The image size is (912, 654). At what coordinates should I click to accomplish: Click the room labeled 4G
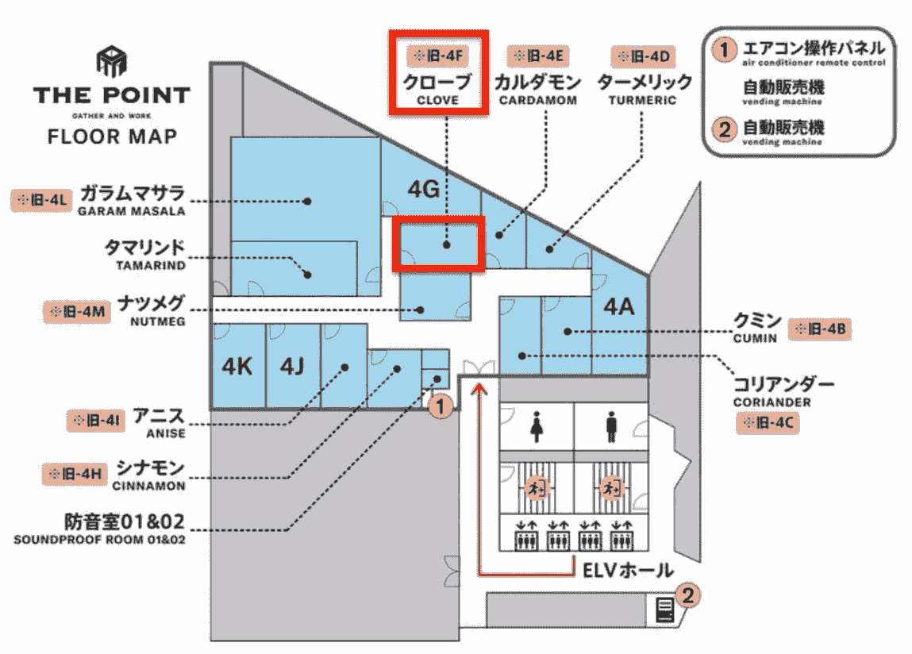click(423, 189)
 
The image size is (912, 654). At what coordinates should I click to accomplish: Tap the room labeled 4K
click(237, 367)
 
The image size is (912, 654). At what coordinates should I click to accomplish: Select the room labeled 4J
click(292, 367)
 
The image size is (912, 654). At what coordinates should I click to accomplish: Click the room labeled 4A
click(619, 306)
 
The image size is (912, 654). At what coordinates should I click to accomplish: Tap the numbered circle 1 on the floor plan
click(441, 407)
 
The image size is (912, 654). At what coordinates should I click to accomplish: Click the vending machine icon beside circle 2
click(665, 610)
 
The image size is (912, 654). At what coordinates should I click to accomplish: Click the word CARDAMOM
click(537, 101)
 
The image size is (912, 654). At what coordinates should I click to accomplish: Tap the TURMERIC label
click(642, 101)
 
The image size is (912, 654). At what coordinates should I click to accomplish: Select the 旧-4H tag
click(73, 474)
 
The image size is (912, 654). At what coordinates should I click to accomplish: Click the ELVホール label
click(627, 570)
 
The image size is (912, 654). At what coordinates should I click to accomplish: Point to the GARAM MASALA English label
click(131, 211)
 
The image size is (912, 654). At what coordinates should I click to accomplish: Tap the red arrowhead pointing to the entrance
click(479, 387)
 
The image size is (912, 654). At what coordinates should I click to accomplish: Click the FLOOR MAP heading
click(112, 136)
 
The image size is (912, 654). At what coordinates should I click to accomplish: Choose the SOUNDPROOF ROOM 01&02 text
click(99, 540)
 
